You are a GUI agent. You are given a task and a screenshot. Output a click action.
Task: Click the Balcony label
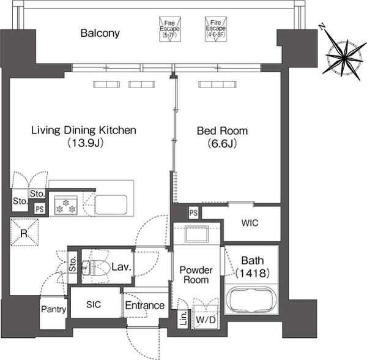pyautogui.click(x=100, y=33)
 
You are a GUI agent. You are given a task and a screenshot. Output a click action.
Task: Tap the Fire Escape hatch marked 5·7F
pyautogui.click(x=170, y=29)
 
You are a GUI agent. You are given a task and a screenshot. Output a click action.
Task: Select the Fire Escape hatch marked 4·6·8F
pyautogui.click(x=215, y=29)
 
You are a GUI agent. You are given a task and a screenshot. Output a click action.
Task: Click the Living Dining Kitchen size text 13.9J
pyautogui.click(x=86, y=143)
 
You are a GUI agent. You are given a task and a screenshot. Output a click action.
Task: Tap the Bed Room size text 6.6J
pyautogui.click(x=223, y=143)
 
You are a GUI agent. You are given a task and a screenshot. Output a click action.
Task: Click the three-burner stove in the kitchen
pyautogui.click(x=66, y=206)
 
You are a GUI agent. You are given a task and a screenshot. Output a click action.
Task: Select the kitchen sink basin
pyautogui.click(x=111, y=204)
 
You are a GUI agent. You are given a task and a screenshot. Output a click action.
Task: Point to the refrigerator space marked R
pyautogui.click(x=24, y=232)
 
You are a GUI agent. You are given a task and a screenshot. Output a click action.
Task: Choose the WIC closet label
pyautogui.click(x=250, y=223)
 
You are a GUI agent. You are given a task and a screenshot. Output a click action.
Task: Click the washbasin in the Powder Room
pyautogui.click(x=196, y=233)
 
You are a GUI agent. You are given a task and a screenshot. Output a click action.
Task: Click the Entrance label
pyautogui.click(x=145, y=306)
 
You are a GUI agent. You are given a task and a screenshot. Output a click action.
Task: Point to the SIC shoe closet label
pyautogui.click(x=94, y=304)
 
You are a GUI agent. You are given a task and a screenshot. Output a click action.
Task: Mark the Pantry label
pyautogui.click(x=54, y=309)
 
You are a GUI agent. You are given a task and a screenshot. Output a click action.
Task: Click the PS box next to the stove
pyautogui.click(x=40, y=209)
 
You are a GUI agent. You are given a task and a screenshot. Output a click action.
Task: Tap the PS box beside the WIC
pyautogui.click(x=193, y=212)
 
